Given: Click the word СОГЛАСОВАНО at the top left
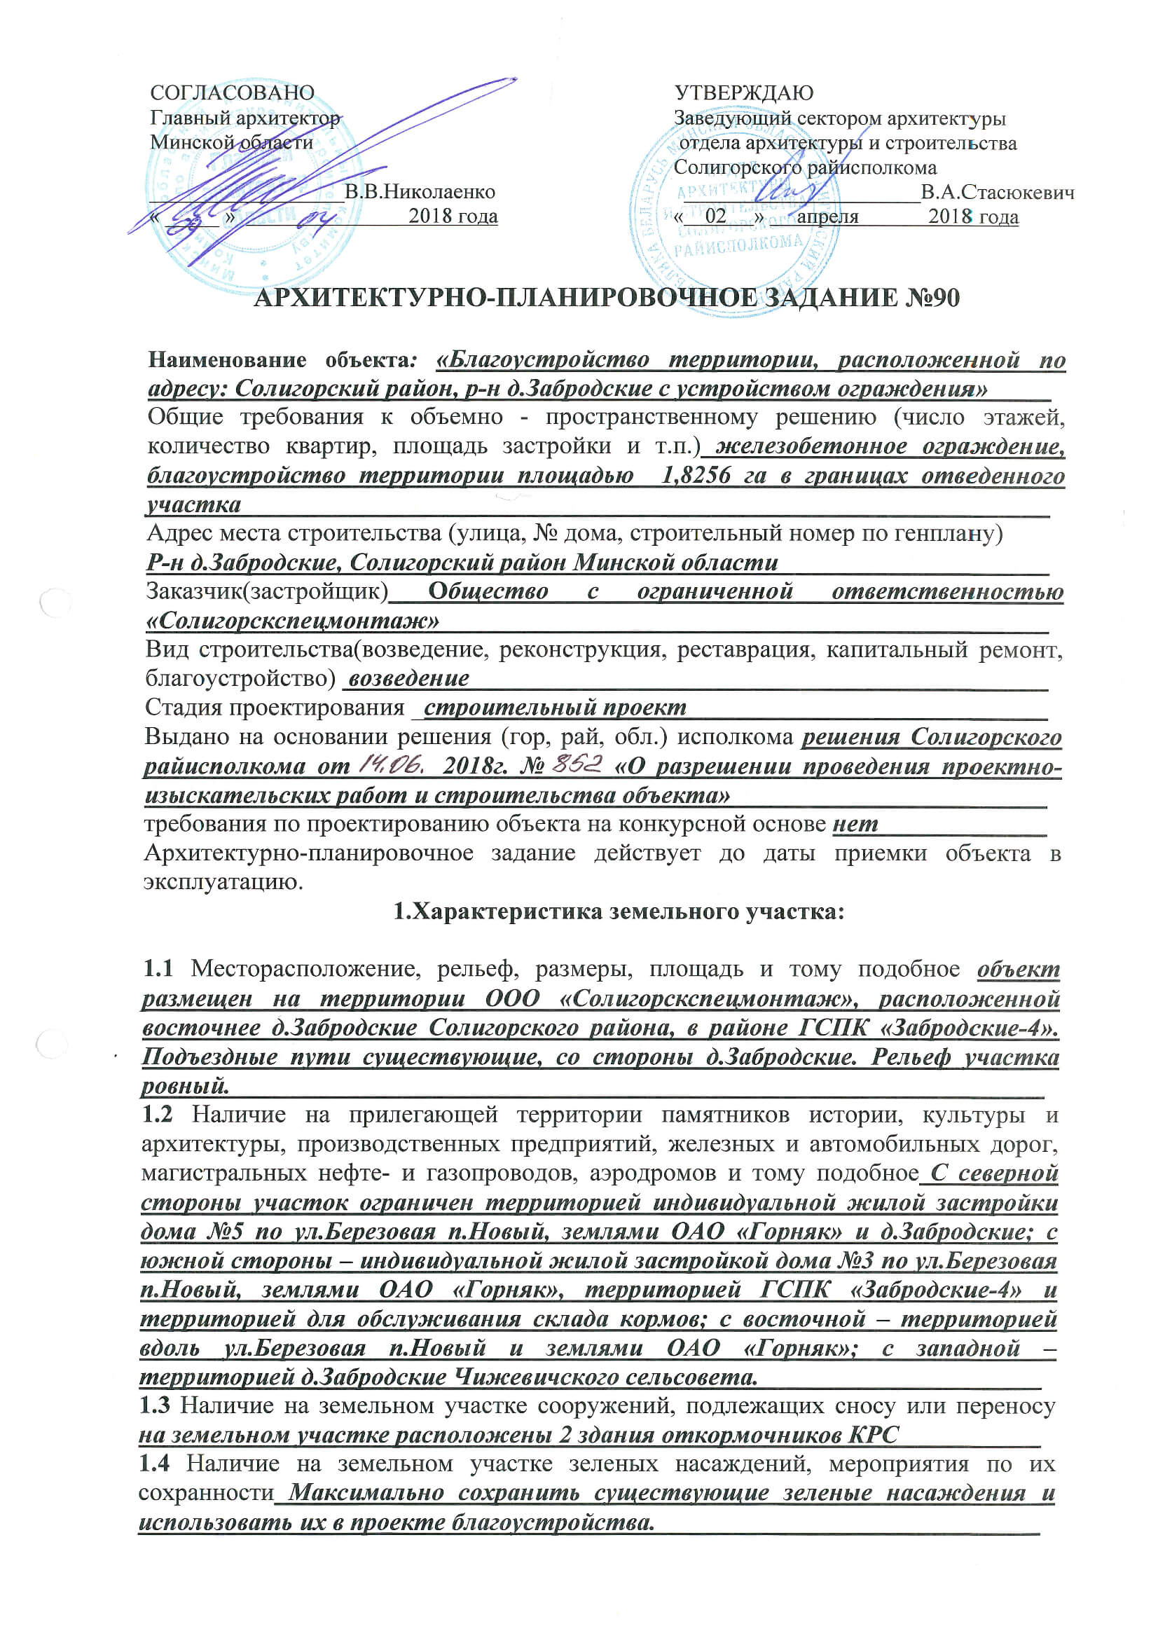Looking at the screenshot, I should pyautogui.click(x=232, y=92).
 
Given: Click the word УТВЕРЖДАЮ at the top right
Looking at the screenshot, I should pyautogui.click(x=743, y=92).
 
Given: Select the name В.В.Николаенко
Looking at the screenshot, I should pyautogui.click(x=420, y=192).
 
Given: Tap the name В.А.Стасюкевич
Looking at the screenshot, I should pyautogui.click(x=997, y=193).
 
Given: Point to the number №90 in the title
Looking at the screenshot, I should pyautogui.click(x=932, y=298).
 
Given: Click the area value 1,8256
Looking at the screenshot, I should pyautogui.click(x=696, y=475).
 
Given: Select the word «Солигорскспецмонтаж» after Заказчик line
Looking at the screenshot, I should pyautogui.click(x=293, y=621).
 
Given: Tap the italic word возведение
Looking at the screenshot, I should pyautogui.click(x=408, y=677).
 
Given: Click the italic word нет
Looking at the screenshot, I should pyautogui.click(x=855, y=824).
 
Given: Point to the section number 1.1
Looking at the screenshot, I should pyautogui.click(x=158, y=968).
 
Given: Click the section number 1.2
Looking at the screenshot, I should pyautogui.click(x=158, y=1114).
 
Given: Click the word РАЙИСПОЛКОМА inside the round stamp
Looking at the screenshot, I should pyautogui.click(x=738, y=246).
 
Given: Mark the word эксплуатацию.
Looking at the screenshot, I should pyautogui.click(x=223, y=883).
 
